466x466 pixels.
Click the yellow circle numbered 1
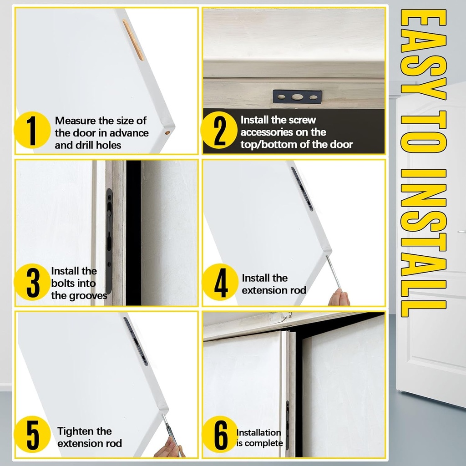coord(32,130)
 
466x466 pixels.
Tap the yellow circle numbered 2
coord(219,130)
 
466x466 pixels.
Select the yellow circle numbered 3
coord(32,282)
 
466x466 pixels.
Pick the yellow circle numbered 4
coord(220,282)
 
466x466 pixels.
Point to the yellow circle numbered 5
coord(32,434)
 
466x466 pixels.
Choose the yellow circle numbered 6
coord(220,434)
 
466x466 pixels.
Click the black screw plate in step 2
coord(297,97)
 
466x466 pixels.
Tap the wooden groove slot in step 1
coord(133,40)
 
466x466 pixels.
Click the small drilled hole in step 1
coord(167,132)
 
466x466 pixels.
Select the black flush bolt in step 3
coord(109,241)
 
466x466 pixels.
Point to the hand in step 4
coord(339,297)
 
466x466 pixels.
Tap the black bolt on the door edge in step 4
coord(302,189)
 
